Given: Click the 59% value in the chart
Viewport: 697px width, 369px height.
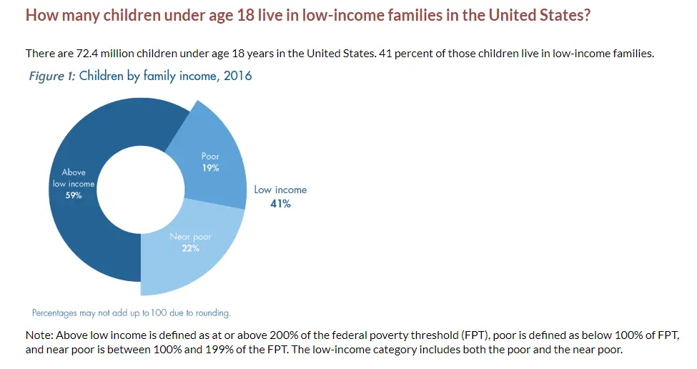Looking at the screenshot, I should pyautogui.click(x=73, y=195).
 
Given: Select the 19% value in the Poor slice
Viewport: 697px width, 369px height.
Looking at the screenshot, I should pyautogui.click(x=210, y=168).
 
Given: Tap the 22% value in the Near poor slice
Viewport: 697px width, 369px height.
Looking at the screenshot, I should pyautogui.click(x=190, y=248).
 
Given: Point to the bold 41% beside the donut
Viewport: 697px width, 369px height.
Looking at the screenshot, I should pyautogui.click(x=280, y=203).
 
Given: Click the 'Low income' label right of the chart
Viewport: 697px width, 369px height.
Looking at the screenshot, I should pyautogui.click(x=280, y=190).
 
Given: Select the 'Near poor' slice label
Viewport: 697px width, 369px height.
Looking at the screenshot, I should pyautogui.click(x=190, y=237).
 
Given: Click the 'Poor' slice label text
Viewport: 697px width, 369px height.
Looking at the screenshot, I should pyautogui.click(x=210, y=157).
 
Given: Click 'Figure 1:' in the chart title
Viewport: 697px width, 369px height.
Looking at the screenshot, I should pyautogui.click(x=51, y=75).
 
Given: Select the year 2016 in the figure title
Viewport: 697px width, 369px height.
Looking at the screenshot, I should pyautogui.click(x=237, y=75).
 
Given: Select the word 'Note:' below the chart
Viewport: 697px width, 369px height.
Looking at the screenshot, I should pyautogui.click(x=39, y=335).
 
